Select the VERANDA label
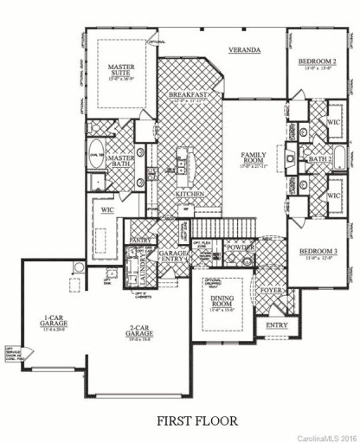click(x=245, y=50)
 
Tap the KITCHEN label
click(x=190, y=194)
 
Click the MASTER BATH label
click(x=119, y=160)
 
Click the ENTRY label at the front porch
click(x=276, y=325)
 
